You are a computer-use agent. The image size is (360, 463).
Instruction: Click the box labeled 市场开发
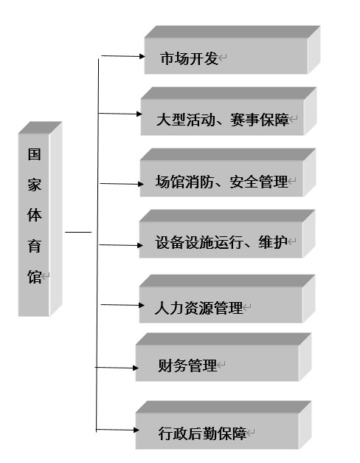(232, 49)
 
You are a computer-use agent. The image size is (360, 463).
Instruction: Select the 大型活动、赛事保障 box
(229, 111)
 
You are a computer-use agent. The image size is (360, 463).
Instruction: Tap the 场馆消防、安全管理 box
(228, 173)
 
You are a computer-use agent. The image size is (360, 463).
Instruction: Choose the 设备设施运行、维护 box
(227, 234)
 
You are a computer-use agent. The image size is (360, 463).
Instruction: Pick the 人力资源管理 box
(227, 299)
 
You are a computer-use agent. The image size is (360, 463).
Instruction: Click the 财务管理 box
(224, 357)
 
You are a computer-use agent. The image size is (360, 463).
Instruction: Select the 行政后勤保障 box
(224, 425)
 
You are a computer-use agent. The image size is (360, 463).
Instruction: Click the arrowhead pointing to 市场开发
(142, 56)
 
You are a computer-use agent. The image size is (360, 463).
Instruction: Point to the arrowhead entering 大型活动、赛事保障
(139, 114)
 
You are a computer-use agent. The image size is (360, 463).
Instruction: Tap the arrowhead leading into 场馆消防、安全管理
(140, 184)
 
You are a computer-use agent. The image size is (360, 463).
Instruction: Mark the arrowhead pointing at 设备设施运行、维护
(140, 245)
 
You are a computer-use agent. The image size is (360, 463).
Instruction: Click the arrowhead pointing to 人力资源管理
(142, 305)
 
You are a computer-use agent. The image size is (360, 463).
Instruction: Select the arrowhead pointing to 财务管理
(136, 368)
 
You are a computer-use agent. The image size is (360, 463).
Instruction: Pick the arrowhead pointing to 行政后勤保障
(136, 430)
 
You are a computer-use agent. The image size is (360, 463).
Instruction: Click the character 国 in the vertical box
(34, 154)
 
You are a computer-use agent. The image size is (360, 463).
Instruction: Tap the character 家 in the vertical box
(34, 185)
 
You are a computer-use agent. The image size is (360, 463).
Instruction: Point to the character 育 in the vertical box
(34, 246)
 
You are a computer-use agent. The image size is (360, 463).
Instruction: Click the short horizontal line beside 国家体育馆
(78, 232)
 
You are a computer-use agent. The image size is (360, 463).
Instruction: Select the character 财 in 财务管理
(165, 366)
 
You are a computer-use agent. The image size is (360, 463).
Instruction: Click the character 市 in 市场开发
(167, 58)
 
